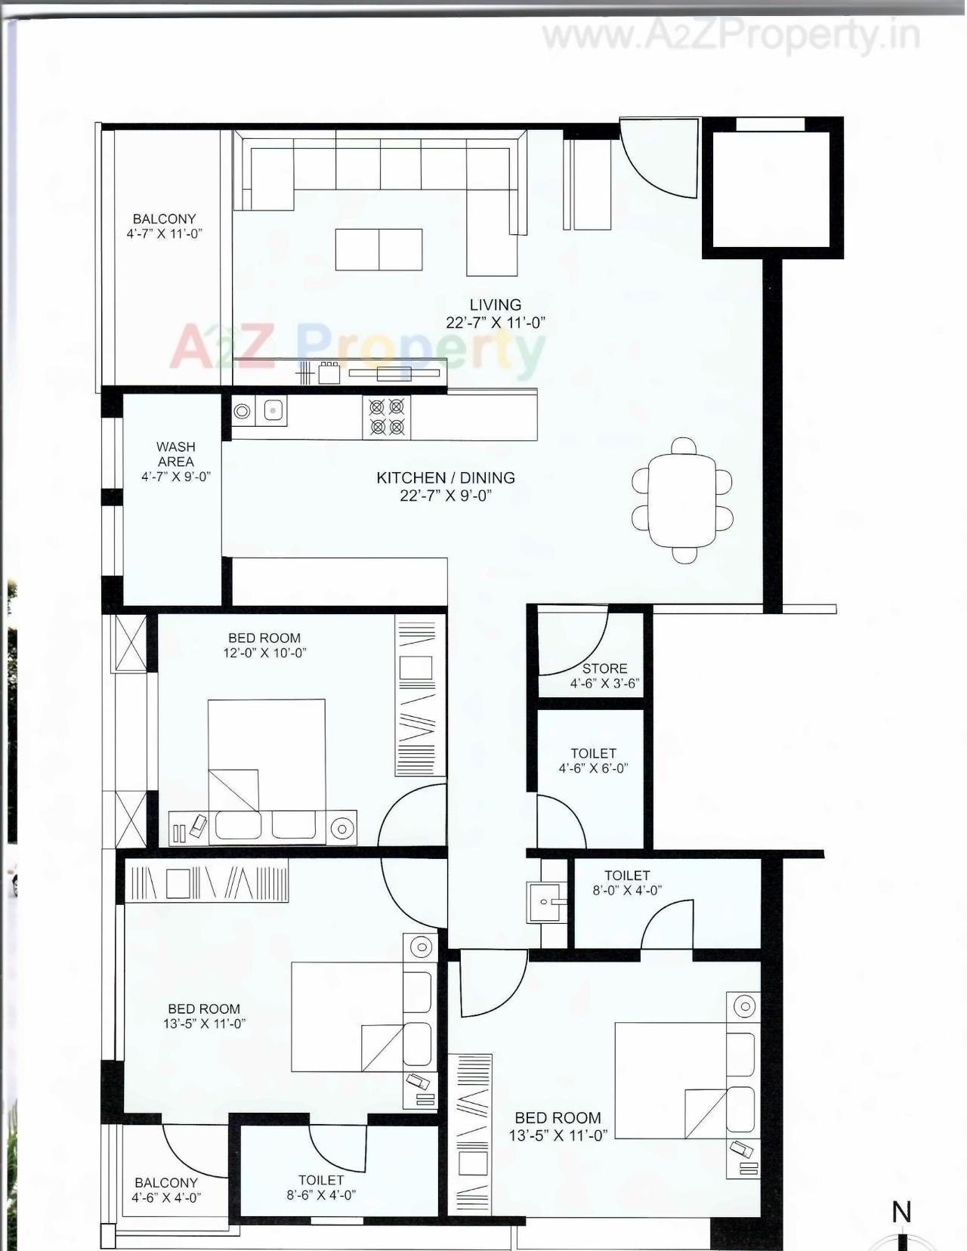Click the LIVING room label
495,305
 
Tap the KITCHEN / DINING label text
446,478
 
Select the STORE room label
604,669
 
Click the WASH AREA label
175,454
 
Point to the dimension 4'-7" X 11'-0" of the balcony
164,234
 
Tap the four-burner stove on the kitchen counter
386,417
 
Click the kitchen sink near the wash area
271,411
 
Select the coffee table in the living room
378,249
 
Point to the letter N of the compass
901,1212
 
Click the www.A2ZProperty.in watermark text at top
731,36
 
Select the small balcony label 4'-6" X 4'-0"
166,1197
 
